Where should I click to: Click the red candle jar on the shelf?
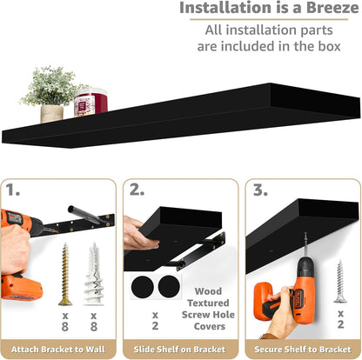[90, 103]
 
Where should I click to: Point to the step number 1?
[12, 190]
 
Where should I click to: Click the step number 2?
[137, 190]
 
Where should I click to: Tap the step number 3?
[260, 190]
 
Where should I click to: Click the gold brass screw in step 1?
[65, 274]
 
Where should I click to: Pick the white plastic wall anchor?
[93, 274]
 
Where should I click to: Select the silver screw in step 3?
[340, 282]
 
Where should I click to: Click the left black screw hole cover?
[142, 287]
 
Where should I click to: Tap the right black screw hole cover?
[169, 286]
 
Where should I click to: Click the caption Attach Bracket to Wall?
[58, 350]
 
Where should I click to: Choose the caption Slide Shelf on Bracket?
[179, 350]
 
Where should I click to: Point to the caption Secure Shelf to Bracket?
[303, 350]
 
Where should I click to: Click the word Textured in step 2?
[208, 303]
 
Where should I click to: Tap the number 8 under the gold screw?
[65, 327]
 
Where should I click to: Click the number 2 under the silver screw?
[341, 324]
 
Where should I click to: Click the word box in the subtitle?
[329, 46]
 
